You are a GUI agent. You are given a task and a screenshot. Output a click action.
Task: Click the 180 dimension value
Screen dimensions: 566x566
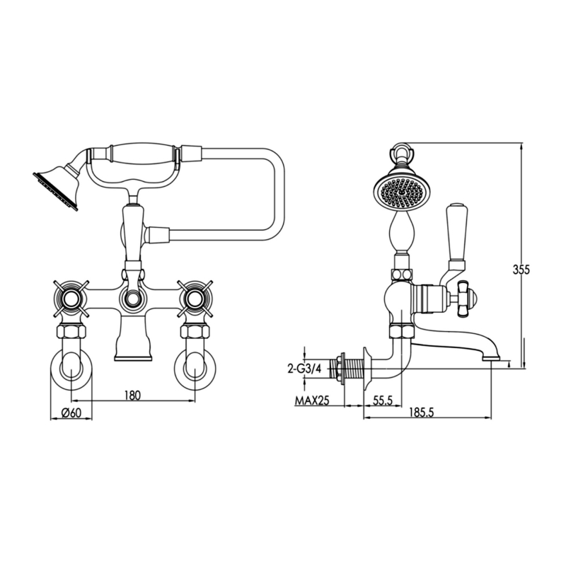pyautogui.click(x=132, y=395)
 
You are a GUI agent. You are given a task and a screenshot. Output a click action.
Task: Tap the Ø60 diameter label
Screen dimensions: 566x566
pyautogui.click(x=71, y=413)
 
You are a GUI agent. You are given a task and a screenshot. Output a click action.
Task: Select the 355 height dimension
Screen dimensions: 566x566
pyautogui.click(x=521, y=270)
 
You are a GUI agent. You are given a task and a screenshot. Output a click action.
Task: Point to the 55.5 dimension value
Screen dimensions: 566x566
pyautogui.click(x=382, y=401)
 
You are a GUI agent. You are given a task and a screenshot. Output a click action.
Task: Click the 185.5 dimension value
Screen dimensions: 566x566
pyautogui.click(x=422, y=412)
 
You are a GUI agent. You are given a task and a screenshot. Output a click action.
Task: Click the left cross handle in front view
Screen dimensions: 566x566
pyautogui.click(x=71, y=298)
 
